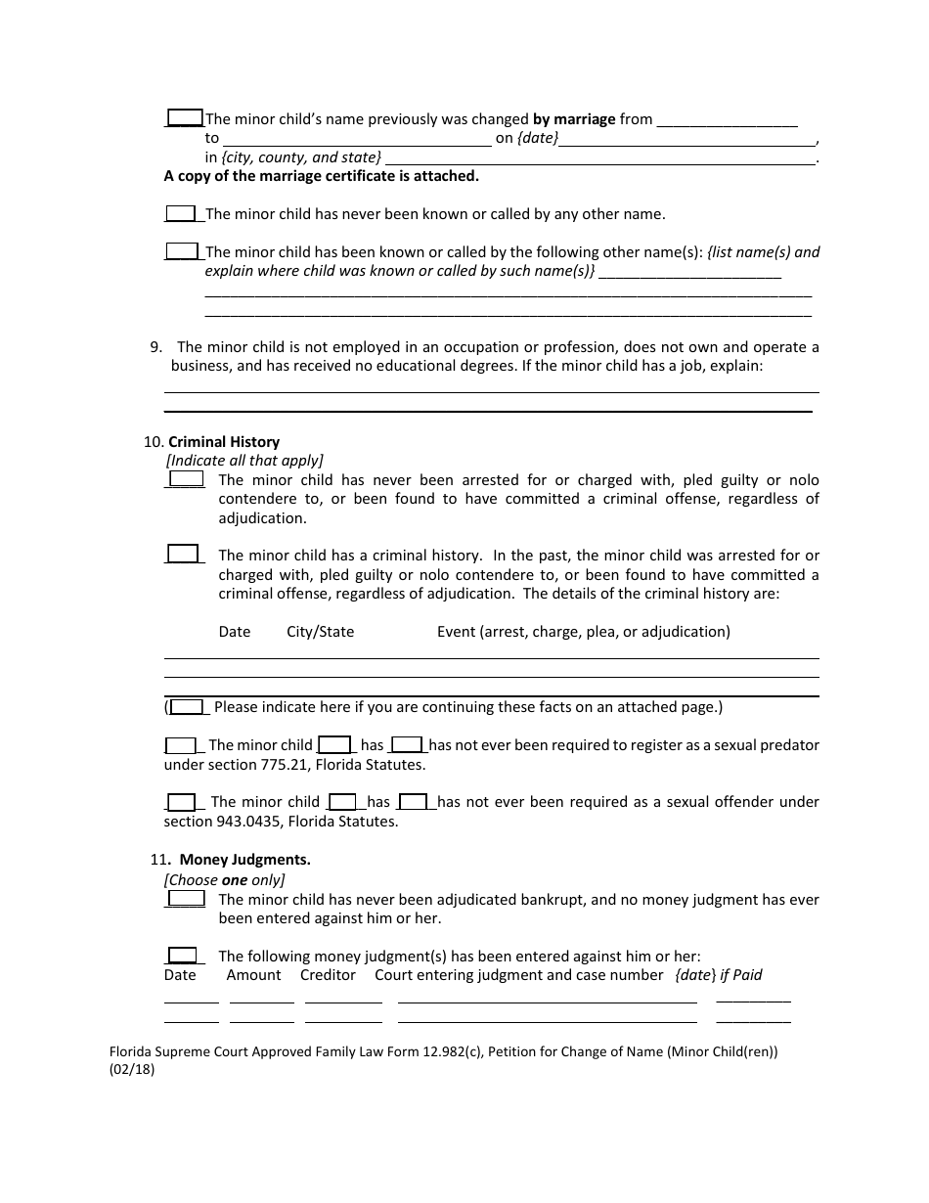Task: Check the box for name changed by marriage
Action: [184, 117]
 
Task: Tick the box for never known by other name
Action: [181, 213]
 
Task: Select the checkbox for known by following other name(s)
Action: [182, 250]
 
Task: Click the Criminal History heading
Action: [224, 442]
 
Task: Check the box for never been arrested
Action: [186, 478]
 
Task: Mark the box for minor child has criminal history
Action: [183, 554]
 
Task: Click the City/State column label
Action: [320, 632]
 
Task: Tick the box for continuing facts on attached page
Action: [187, 706]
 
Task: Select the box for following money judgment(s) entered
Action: [182, 955]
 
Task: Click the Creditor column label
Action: [328, 975]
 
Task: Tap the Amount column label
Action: [253, 975]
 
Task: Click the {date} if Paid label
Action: [719, 975]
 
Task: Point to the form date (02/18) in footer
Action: [132, 1069]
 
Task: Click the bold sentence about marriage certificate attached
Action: [321, 176]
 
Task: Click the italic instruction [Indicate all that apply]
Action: [244, 461]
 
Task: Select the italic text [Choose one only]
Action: [224, 879]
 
